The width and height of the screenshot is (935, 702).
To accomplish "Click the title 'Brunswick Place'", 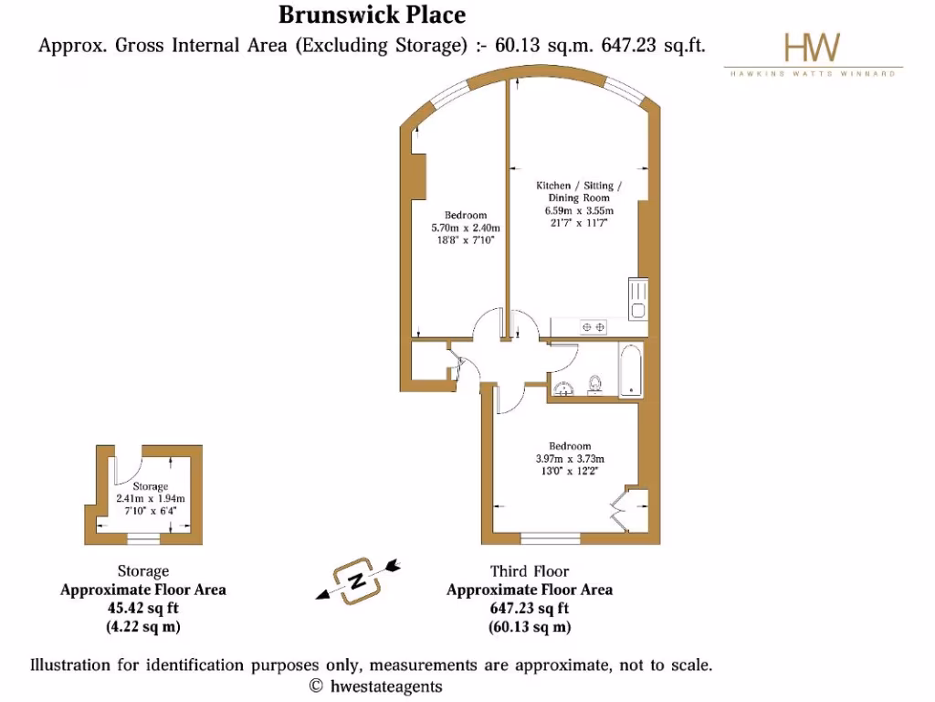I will pyautogui.click(x=372, y=16).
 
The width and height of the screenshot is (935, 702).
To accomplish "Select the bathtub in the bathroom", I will pyautogui.click(x=630, y=370).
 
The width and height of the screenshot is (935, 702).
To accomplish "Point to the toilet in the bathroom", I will pyautogui.click(x=596, y=383).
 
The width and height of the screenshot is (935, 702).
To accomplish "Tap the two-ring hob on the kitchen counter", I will pyautogui.click(x=594, y=325).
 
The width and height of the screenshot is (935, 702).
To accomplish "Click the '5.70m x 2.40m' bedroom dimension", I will pyautogui.click(x=466, y=228).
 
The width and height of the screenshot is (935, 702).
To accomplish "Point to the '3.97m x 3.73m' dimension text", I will pyautogui.click(x=570, y=459).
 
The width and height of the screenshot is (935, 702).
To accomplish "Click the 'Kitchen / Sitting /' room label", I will pyautogui.click(x=580, y=186).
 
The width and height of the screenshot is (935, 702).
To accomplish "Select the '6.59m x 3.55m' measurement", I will pyautogui.click(x=580, y=210).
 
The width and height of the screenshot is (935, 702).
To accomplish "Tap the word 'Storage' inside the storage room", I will pyautogui.click(x=151, y=486).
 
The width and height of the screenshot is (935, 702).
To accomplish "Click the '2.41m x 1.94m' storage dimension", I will pyautogui.click(x=151, y=499).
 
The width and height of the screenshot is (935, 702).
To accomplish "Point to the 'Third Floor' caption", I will pyautogui.click(x=529, y=572).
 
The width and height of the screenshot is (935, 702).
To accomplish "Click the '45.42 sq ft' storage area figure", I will pyautogui.click(x=143, y=608).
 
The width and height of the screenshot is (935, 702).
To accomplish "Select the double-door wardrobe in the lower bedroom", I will pyautogui.click(x=627, y=510).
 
